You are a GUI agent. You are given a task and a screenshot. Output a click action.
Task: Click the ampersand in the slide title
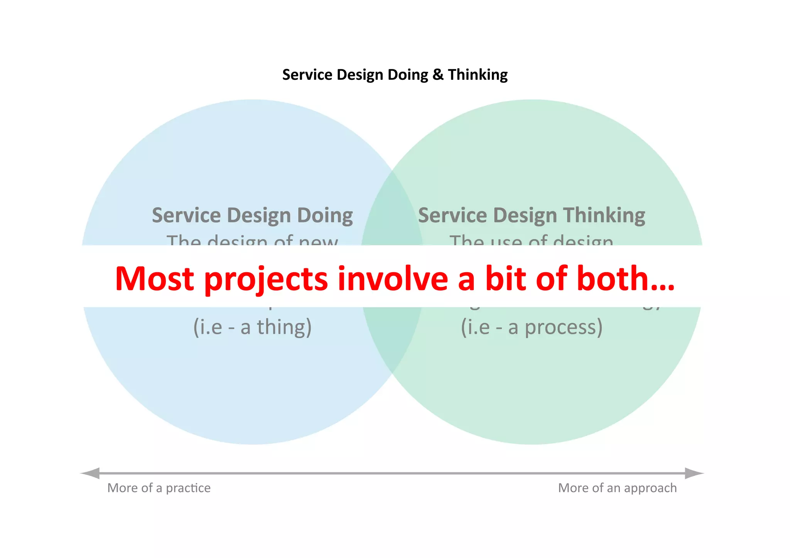[438, 75]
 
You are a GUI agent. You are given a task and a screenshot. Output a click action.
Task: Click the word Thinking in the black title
[478, 75]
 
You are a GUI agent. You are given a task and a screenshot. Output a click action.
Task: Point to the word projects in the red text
[266, 279]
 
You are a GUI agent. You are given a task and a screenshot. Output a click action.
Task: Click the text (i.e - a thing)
[252, 327]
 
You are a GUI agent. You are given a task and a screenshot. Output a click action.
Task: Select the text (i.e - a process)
[532, 327]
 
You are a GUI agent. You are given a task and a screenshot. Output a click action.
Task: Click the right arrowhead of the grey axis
[694, 473]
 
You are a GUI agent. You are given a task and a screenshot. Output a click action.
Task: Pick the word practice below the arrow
[188, 488]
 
